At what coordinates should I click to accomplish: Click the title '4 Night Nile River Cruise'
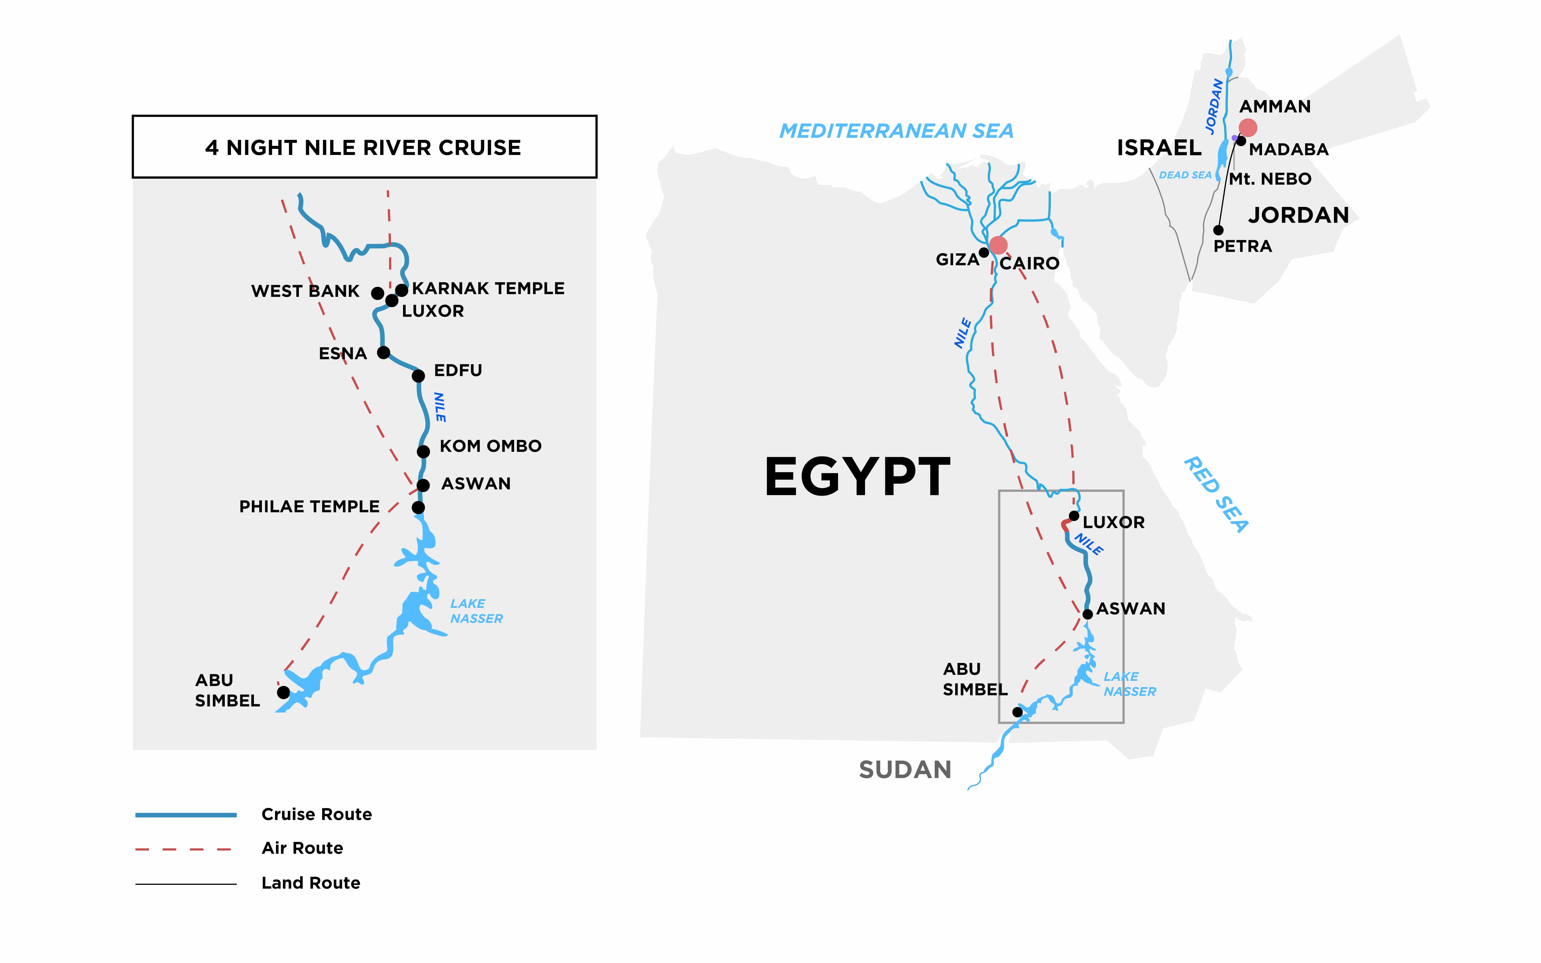click(x=363, y=148)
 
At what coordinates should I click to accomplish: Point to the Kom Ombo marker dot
click(x=423, y=452)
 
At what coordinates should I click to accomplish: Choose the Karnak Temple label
click(x=488, y=288)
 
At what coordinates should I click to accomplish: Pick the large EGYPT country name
click(x=857, y=477)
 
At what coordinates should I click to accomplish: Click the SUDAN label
click(x=905, y=770)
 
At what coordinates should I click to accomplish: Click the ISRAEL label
click(x=1159, y=148)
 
